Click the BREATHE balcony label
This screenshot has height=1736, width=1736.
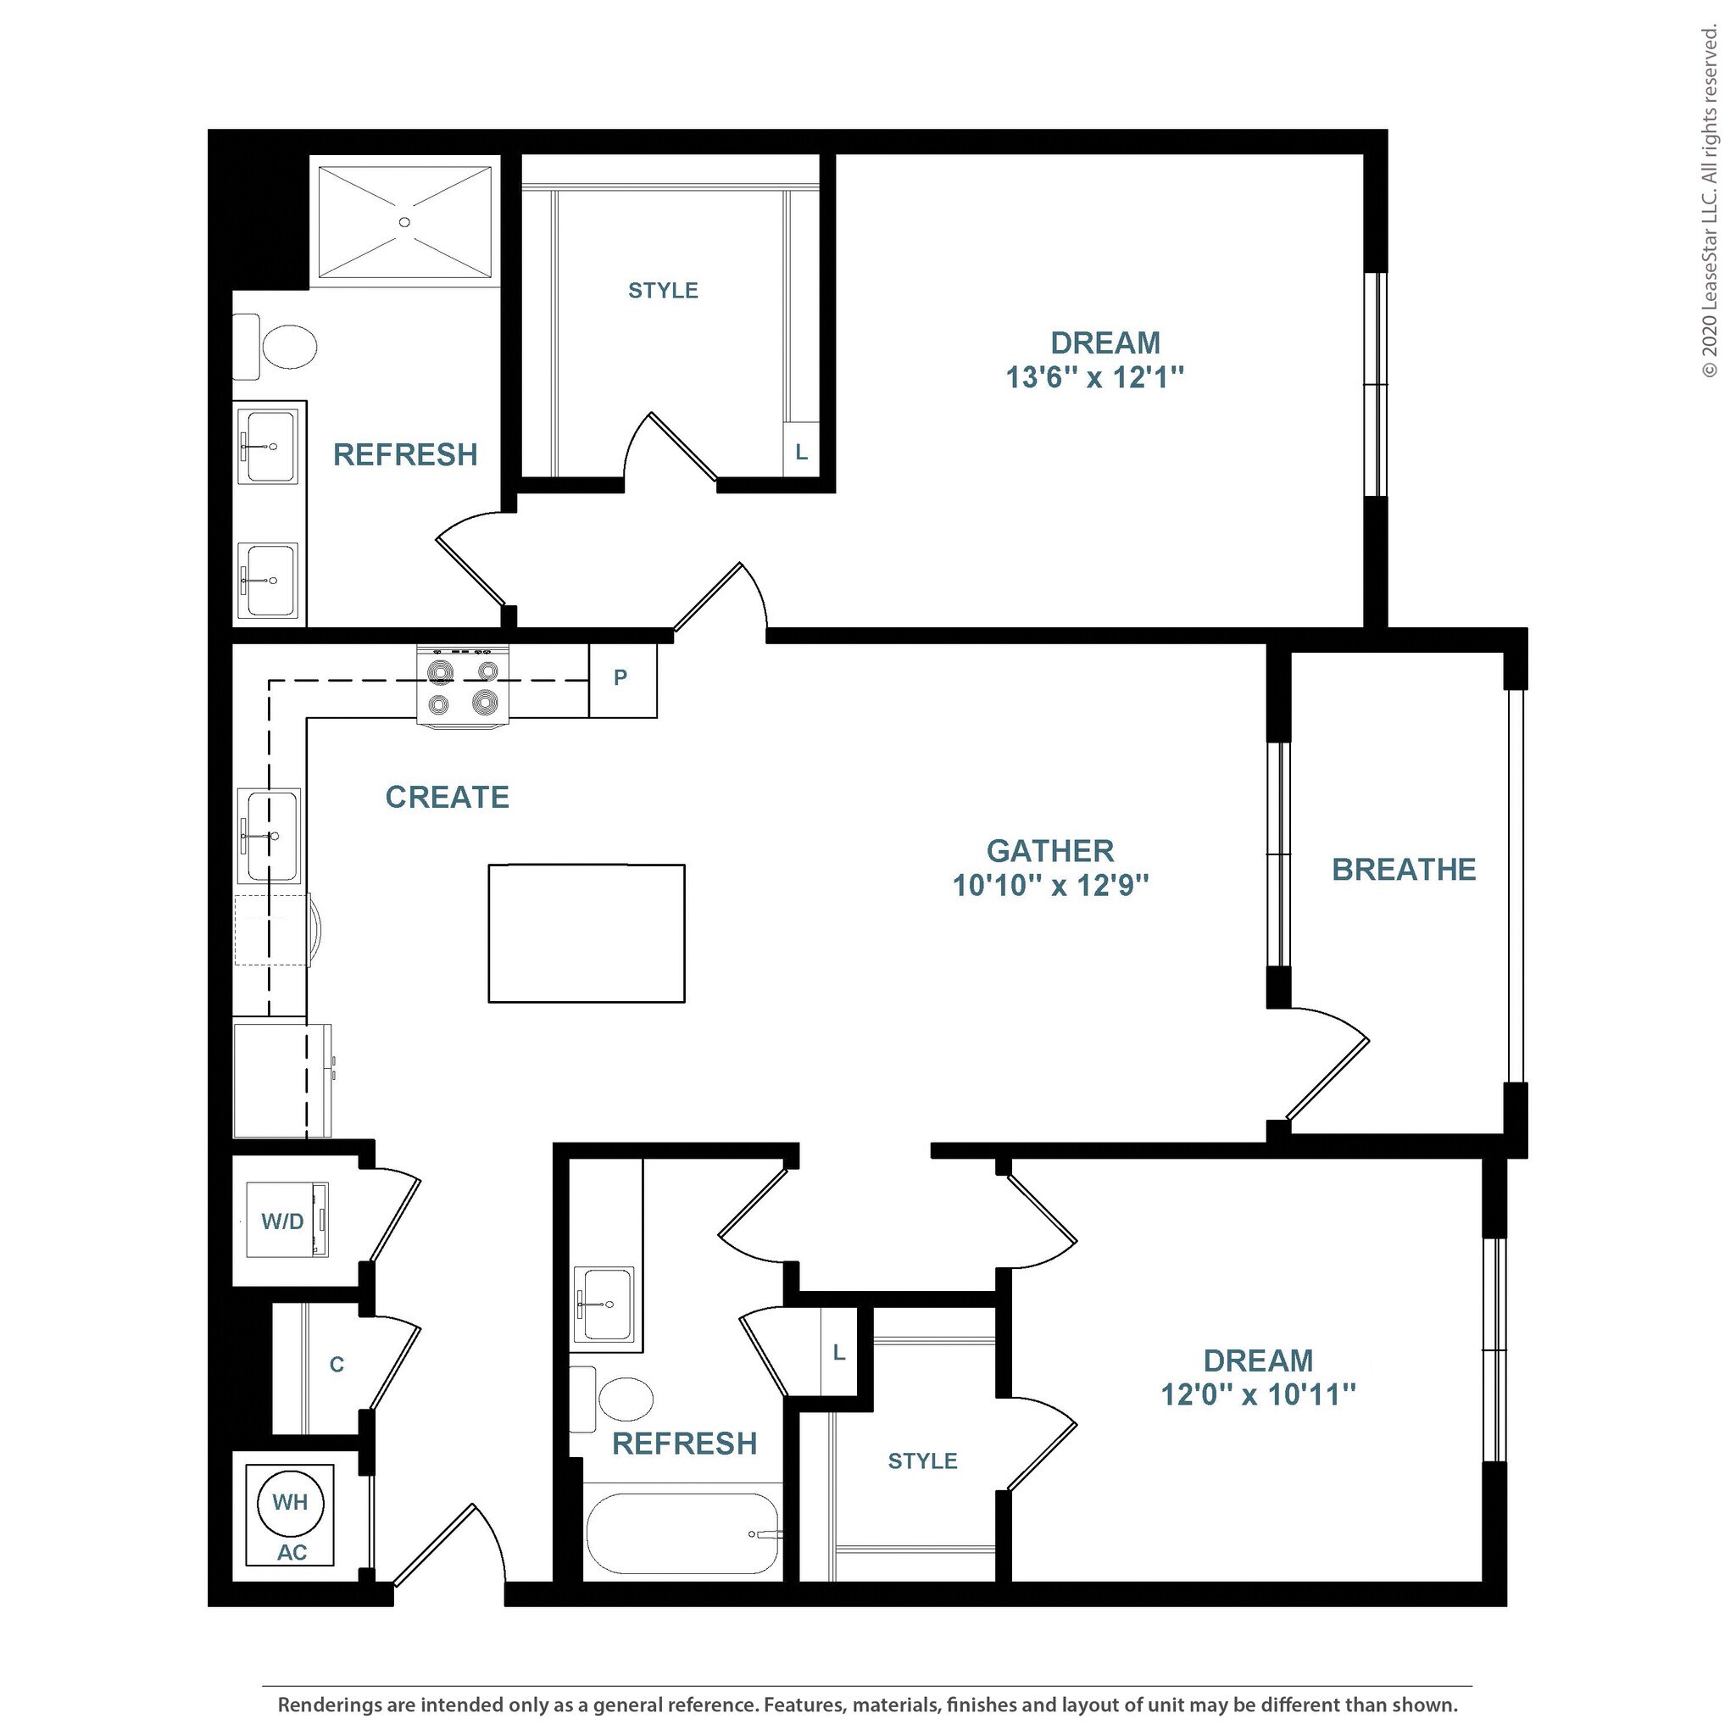[x=1404, y=870]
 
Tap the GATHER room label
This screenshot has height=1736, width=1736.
[x=1050, y=851]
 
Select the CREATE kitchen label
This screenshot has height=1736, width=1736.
[x=448, y=797]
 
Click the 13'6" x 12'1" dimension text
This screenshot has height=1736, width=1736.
[x=1094, y=377]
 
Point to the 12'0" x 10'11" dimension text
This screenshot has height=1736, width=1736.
[x=1258, y=1394]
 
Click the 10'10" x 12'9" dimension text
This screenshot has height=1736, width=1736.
[x=1050, y=886]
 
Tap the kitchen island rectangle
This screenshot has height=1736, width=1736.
[x=587, y=933]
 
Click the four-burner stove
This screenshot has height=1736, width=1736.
[x=463, y=687]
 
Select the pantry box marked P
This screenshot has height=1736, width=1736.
[x=623, y=680]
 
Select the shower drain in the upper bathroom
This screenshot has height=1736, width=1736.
[x=404, y=222]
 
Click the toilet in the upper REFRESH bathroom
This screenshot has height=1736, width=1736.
[x=275, y=347]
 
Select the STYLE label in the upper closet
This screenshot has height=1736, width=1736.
[x=663, y=290]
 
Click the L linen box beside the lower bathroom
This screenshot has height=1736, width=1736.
[x=839, y=1352]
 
